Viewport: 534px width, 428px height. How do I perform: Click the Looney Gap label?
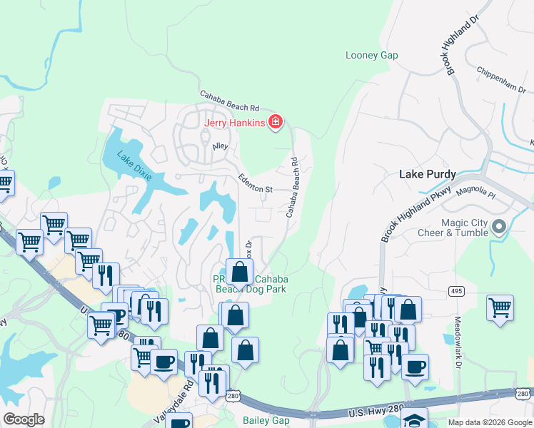click(371, 55)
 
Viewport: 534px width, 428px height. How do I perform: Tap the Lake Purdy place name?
click(427, 175)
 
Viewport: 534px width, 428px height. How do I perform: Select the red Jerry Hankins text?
click(235, 123)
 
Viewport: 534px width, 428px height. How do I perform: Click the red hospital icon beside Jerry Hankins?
click(275, 123)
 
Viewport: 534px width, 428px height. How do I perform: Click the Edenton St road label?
click(256, 184)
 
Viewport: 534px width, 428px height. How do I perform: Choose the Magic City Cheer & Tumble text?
click(464, 228)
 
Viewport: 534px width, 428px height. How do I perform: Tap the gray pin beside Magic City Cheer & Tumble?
click(499, 228)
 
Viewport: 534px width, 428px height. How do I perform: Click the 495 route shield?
click(456, 291)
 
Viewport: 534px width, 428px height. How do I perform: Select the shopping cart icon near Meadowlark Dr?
click(500, 308)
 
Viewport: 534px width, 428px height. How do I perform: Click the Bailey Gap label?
click(265, 420)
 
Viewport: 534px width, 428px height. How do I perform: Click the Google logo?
click(24, 419)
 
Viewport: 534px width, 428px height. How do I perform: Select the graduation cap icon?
click(414, 419)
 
